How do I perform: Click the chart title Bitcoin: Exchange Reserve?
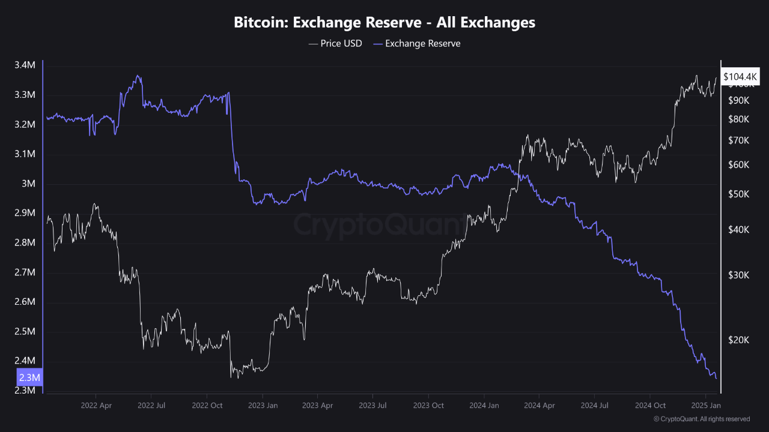384,23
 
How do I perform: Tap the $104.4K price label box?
741,77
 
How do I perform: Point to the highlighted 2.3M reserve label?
29,377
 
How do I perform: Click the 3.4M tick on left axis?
25,65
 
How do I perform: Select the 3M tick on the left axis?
29,184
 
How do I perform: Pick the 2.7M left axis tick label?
25,272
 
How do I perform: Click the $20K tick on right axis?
740,340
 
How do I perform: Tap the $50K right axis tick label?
740,194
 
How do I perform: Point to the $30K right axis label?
740,275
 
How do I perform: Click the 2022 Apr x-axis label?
96,406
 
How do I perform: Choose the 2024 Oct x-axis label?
650,406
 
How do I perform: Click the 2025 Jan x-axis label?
705,406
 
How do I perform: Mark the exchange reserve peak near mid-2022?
138,76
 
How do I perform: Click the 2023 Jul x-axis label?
372,406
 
